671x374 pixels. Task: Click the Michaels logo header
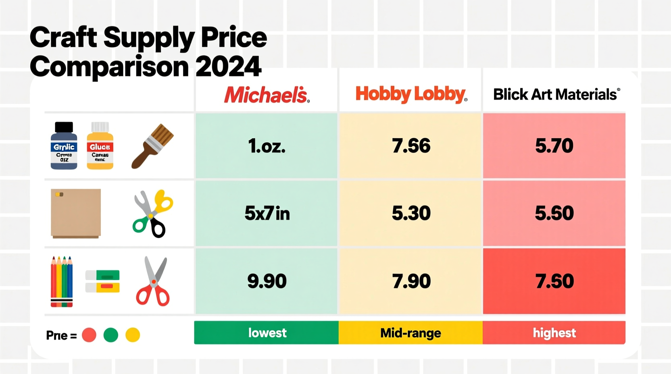point(267,95)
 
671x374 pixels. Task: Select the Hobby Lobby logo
point(411,94)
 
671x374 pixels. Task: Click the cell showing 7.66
point(411,145)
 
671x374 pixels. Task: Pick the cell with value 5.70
point(554,145)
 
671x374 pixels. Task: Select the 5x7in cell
point(267,213)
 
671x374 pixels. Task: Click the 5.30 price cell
point(411,213)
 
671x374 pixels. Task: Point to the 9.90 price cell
point(267,281)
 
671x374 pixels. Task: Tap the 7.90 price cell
point(411,281)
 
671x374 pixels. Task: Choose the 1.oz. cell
point(267,145)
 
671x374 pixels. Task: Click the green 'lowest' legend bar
point(267,332)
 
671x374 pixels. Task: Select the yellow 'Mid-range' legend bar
point(411,332)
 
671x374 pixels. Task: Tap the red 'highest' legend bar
point(554,332)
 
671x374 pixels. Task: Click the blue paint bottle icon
point(64,146)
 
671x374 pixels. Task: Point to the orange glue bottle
point(100,146)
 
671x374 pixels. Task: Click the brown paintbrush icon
point(152,146)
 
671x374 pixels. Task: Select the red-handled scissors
point(153,282)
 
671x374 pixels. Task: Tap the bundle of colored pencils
point(62,281)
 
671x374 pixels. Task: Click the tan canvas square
point(76,213)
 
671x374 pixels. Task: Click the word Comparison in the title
point(109,66)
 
